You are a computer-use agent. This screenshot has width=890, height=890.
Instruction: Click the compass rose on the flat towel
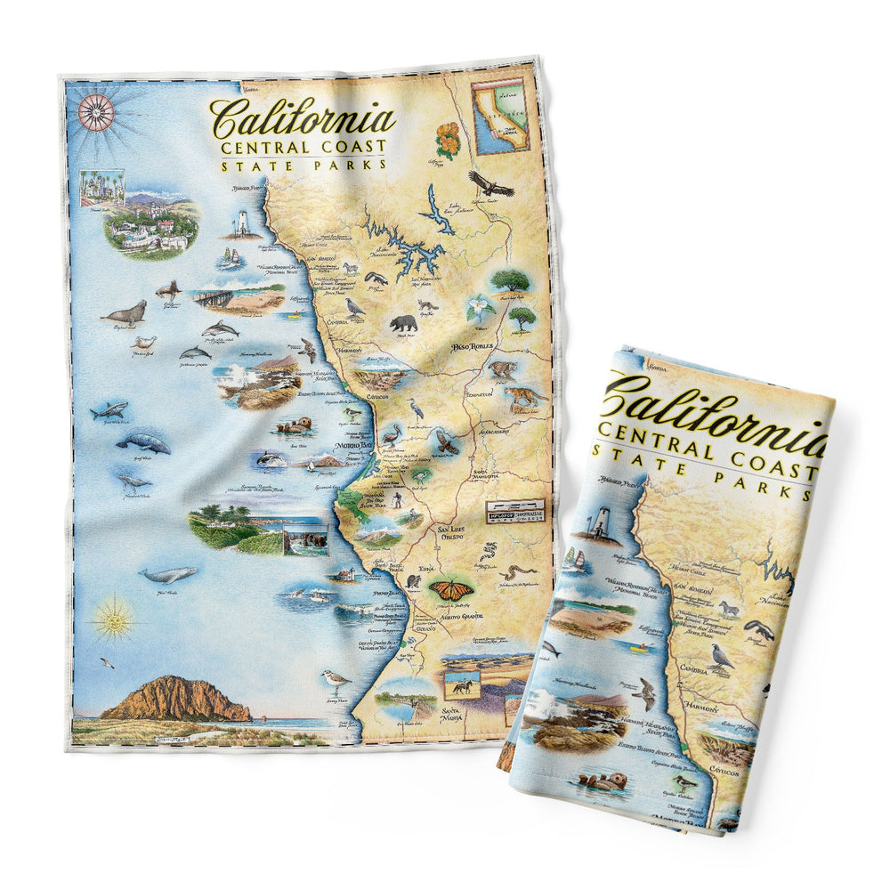click(95, 111)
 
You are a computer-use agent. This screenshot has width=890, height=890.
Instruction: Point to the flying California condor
click(491, 184)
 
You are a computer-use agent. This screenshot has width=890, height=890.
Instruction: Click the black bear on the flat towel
click(404, 322)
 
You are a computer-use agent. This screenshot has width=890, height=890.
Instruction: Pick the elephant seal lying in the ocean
click(125, 312)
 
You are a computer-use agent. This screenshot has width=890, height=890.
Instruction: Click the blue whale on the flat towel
click(169, 574)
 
